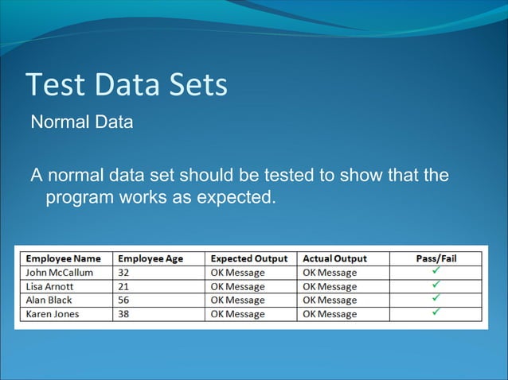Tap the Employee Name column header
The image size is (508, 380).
(x=64, y=258)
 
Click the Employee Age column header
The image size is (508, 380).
(x=151, y=258)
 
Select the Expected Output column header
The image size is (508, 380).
(x=248, y=258)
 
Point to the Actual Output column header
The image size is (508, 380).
(x=334, y=258)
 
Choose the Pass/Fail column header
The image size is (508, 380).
(x=436, y=258)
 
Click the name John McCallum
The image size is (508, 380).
(x=59, y=273)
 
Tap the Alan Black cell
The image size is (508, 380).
(x=49, y=300)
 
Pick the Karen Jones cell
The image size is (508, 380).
(x=53, y=314)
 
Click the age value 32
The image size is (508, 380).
(x=125, y=273)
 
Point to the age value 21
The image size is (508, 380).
(x=125, y=286)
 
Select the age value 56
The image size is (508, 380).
(x=125, y=300)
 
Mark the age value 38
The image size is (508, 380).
(x=125, y=314)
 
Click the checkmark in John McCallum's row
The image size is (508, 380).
(x=436, y=272)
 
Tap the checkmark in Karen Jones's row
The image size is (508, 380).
(x=436, y=313)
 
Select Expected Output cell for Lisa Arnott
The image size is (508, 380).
(x=237, y=286)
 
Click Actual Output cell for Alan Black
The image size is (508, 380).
(x=330, y=300)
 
